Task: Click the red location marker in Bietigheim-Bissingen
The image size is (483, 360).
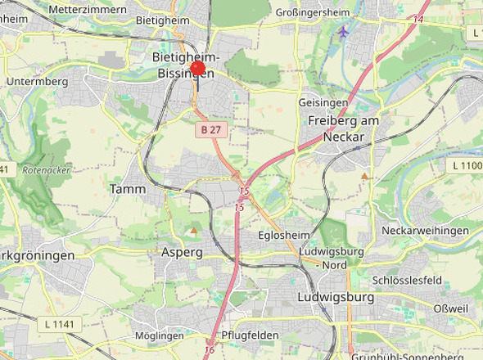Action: (198, 69)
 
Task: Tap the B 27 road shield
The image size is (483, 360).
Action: (210, 129)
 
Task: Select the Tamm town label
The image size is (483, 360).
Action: (128, 189)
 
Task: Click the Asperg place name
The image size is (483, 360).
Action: (182, 252)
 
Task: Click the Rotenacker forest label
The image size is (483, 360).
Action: (47, 170)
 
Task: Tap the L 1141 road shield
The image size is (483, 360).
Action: (59, 325)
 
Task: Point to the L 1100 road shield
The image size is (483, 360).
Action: (466, 165)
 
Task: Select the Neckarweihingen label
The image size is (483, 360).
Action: (425, 231)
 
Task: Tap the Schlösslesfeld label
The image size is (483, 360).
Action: (407, 280)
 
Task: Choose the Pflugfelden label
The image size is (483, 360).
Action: (251, 335)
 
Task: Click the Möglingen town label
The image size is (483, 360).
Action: (158, 335)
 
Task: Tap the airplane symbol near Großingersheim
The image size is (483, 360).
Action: (343, 32)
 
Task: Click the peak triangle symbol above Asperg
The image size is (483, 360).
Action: (193, 231)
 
